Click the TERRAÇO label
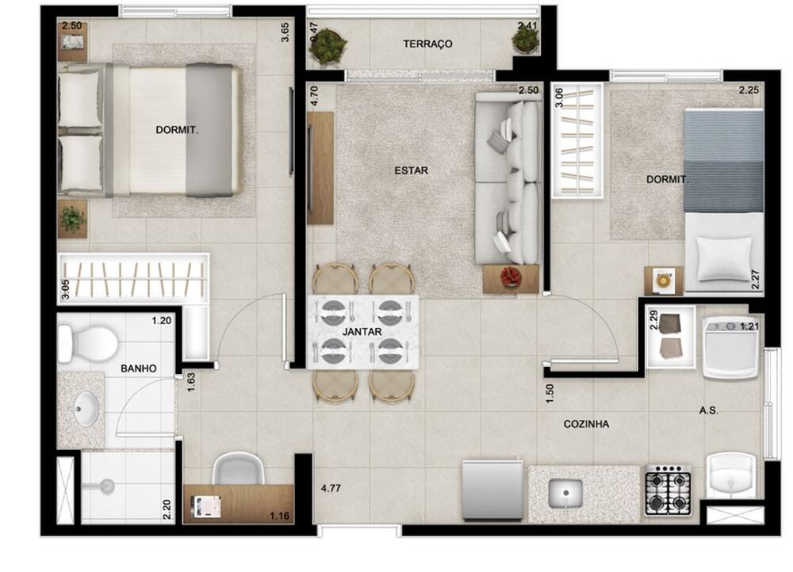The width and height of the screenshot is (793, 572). point(427,44)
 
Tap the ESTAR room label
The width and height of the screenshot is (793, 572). point(411,170)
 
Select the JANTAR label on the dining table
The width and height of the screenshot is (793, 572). point(362,331)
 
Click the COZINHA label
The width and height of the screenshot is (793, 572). point(586,425)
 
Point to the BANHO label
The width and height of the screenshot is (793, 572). point(138,368)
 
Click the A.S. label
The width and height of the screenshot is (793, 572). point(709,410)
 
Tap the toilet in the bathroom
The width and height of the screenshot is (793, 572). point(86,343)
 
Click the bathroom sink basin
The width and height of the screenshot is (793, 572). point(85,410)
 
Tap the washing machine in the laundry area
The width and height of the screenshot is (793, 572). point(729,347)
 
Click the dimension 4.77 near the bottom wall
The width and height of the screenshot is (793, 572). point(331,489)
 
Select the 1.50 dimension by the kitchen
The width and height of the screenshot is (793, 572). point(550,393)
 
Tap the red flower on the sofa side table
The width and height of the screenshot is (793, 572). point(510,276)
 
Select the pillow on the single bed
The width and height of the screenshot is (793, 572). point(722,257)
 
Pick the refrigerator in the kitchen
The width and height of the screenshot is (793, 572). point(492,488)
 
